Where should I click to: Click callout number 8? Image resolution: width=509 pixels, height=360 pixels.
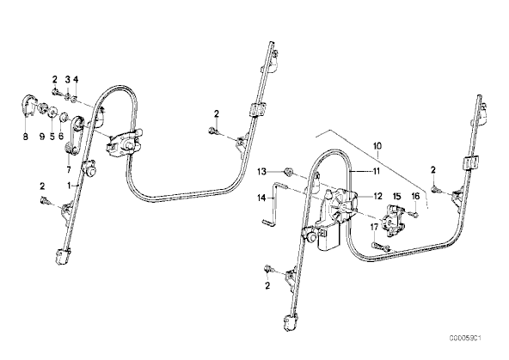25,137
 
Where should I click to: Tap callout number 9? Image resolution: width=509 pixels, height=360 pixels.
42,137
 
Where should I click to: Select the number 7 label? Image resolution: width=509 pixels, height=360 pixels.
69,169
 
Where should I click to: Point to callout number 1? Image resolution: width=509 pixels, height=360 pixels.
69,186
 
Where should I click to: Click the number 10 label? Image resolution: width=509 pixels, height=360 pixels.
377,146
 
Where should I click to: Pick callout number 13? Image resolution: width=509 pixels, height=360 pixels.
262,171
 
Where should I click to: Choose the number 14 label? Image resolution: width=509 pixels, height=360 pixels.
262,198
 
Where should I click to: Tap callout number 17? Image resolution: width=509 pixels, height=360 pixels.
374,227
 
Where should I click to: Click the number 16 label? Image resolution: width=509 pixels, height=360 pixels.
415,196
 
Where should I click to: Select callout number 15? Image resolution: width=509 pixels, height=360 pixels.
397,196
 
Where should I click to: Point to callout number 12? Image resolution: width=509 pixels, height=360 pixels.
377,196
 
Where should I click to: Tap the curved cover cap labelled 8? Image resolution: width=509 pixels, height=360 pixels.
28,105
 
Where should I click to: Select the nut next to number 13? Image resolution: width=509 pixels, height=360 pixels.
287,171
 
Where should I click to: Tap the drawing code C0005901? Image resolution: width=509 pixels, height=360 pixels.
465,339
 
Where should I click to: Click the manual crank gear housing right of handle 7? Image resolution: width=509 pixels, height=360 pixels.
124,142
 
